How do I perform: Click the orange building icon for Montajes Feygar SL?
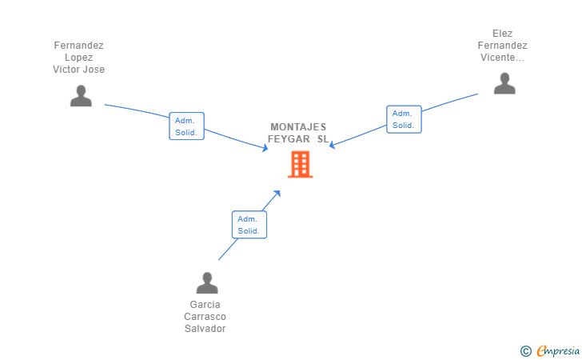[300, 164]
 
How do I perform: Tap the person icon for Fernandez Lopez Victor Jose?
[81, 95]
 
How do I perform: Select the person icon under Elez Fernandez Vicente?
[504, 83]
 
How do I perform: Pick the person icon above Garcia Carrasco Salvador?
[207, 282]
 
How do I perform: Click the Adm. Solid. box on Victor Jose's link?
[187, 126]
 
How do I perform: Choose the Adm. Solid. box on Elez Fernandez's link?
[403, 119]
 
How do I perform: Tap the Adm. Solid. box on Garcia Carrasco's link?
[249, 225]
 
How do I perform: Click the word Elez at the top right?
[503, 34]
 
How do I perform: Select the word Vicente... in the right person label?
[502, 58]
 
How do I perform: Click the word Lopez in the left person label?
[79, 58]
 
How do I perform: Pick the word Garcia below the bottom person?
[205, 305]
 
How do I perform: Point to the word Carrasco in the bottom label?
[205, 317]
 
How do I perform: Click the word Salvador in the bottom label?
[205, 329]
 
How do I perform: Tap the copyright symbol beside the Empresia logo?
[525, 350]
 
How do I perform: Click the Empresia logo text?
[557, 350]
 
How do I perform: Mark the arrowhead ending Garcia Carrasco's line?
[277, 192]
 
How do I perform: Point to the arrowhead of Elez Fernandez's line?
[332, 146]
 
